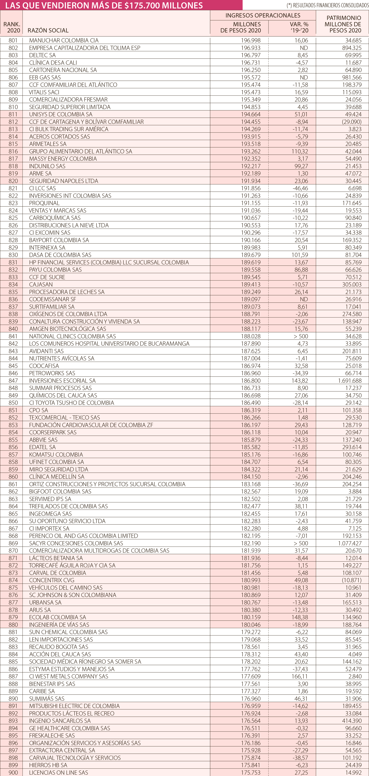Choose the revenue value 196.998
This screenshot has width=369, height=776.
tap(251, 40)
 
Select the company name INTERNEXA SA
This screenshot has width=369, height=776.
tap(47, 247)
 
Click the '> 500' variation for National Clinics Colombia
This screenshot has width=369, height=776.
tap(301, 336)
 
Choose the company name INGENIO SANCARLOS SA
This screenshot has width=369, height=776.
tap(60, 721)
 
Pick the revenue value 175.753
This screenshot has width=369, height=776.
tap(251, 772)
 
